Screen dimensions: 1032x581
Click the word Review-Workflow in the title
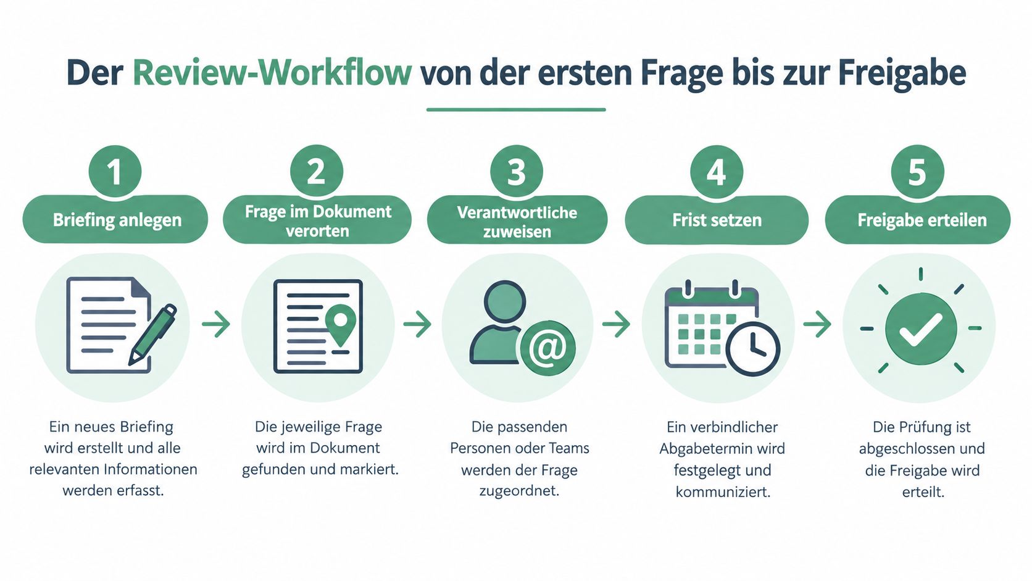pyautogui.click(x=272, y=73)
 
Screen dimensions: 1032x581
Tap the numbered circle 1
pyautogui.click(x=115, y=172)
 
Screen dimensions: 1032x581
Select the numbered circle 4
pyautogui.click(x=717, y=172)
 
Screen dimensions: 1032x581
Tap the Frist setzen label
pyautogui.click(x=717, y=220)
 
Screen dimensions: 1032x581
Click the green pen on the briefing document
pyautogui.click(x=152, y=335)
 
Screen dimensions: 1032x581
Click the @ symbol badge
pyautogui.click(x=548, y=348)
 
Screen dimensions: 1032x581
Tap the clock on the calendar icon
pyautogui.click(x=753, y=349)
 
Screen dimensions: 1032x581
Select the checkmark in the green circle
pyautogui.click(x=921, y=329)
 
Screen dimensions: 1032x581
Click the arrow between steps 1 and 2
pyautogui.click(x=216, y=324)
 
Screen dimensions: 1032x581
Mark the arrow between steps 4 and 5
pyautogui.click(x=817, y=324)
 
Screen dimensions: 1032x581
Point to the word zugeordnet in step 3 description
pyautogui.click(x=519, y=491)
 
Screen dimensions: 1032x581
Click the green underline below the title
pyautogui.click(x=516, y=110)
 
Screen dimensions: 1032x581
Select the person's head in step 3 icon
pyautogui.click(x=505, y=302)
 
